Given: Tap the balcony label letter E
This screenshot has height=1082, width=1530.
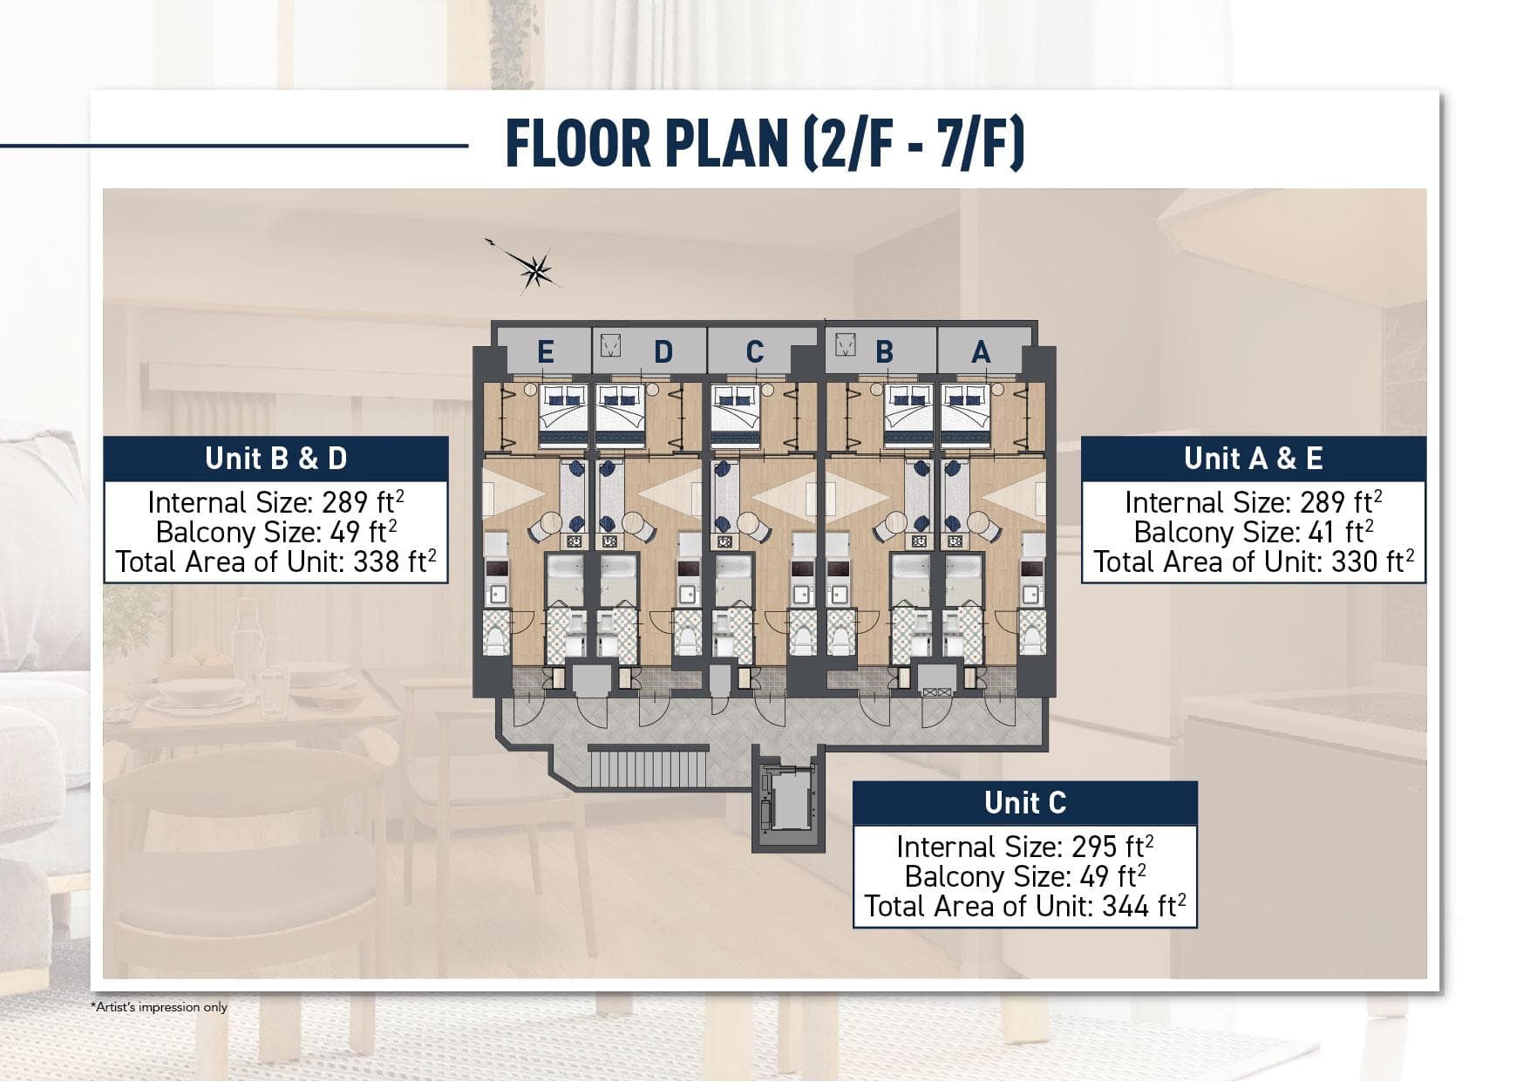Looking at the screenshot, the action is (545, 352).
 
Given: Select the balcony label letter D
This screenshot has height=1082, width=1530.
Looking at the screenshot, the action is (663, 352).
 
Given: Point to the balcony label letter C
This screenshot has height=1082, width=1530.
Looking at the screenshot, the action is (755, 352).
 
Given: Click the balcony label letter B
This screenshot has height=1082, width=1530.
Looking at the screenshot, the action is (884, 352).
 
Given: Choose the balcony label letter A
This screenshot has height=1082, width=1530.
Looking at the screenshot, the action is (981, 352).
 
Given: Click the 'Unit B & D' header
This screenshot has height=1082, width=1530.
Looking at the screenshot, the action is (276, 459).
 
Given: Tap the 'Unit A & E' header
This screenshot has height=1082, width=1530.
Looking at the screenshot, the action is (1253, 459).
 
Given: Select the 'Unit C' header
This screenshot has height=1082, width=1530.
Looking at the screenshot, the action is (1025, 803).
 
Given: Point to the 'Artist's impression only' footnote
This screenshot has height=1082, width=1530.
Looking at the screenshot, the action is (159, 1007).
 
